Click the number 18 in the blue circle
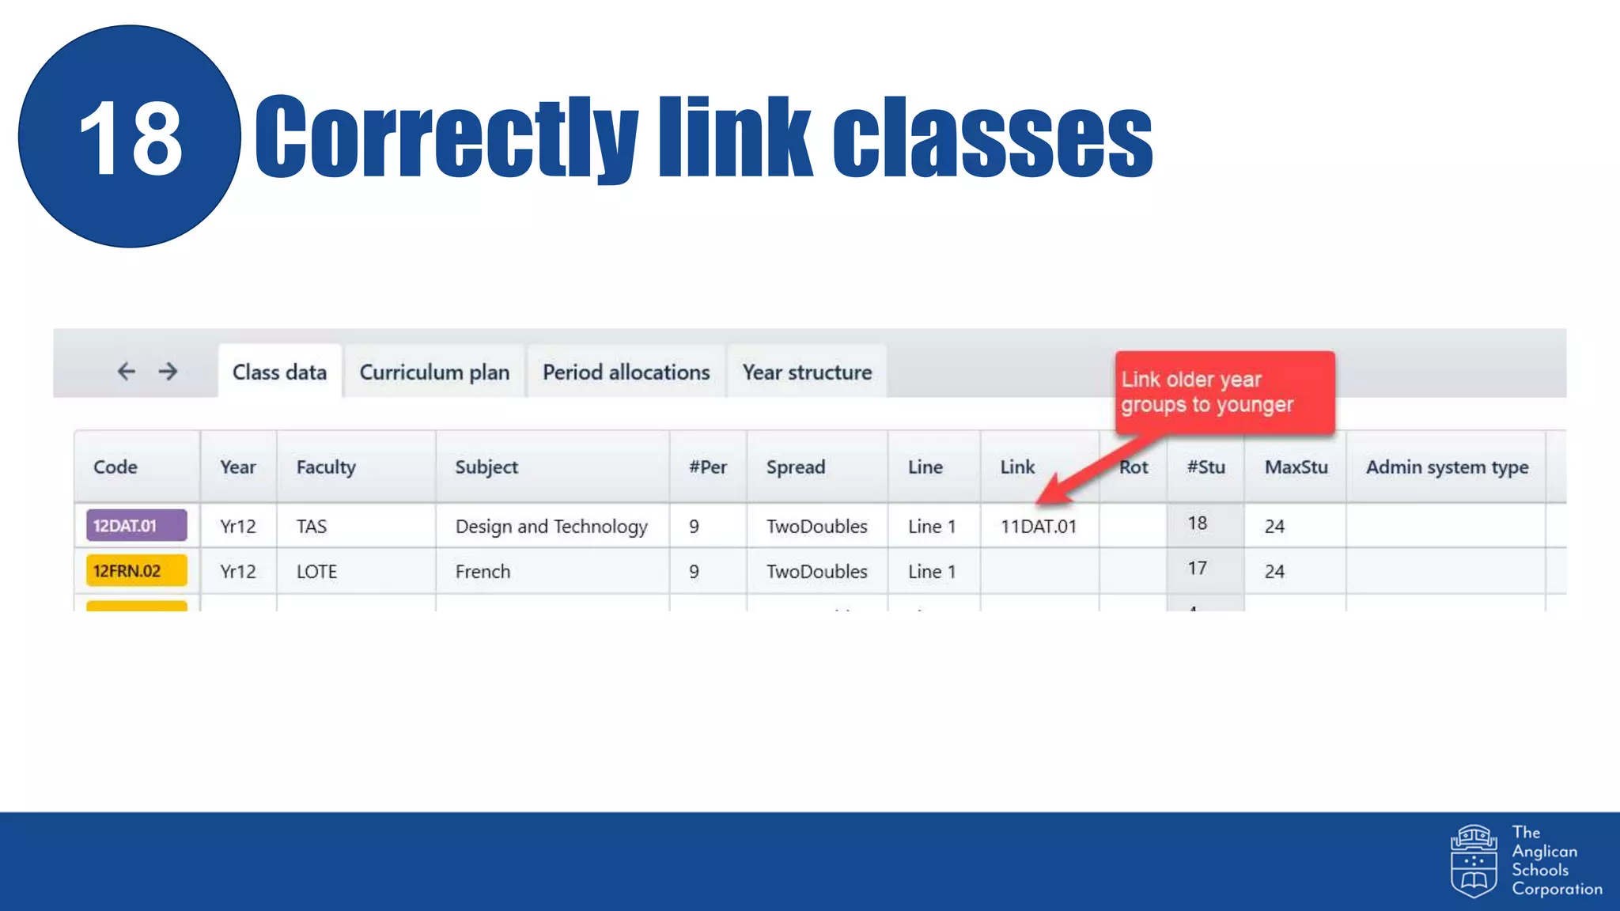[x=131, y=138]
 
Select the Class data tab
[x=279, y=372]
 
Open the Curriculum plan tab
[x=434, y=372]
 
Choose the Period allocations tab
[x=626, y=372]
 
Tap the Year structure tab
[x=807, y=372]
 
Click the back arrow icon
[x=127, y=371]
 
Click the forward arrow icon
[x=168, y=371]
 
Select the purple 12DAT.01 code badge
[x=136, y=526]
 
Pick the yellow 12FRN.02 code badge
[x=136, y=571]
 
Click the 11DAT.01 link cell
[x=1038, y=527]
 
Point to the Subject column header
[x=486, y=467]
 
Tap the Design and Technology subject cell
[x=551, y=527]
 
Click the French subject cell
[x=483, y=572]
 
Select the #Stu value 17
[x=1197, y=569]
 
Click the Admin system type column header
[x=1447, y=467]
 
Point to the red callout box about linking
[x=1224, y=392]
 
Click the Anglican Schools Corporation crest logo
[x=1473, y=861]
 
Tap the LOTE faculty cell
[x=316, y=572]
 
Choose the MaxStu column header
[x=1296, y=467]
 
